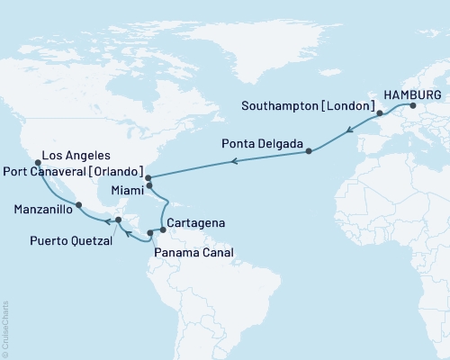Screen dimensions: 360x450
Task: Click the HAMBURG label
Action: tap(410, 94)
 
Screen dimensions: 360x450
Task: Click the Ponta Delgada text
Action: tap(269, 142)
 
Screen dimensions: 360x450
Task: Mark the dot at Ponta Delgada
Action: tap(308, 151)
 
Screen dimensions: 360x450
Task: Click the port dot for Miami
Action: tap(149, 186)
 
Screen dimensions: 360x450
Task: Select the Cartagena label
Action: tap(196, 222)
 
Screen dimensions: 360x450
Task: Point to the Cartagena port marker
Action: tap(163, 229)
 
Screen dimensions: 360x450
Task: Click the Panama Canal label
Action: tap(193, 253)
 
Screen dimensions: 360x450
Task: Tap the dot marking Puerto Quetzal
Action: tap(118, 219)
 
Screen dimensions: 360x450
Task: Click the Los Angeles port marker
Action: tap(37, 163)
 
